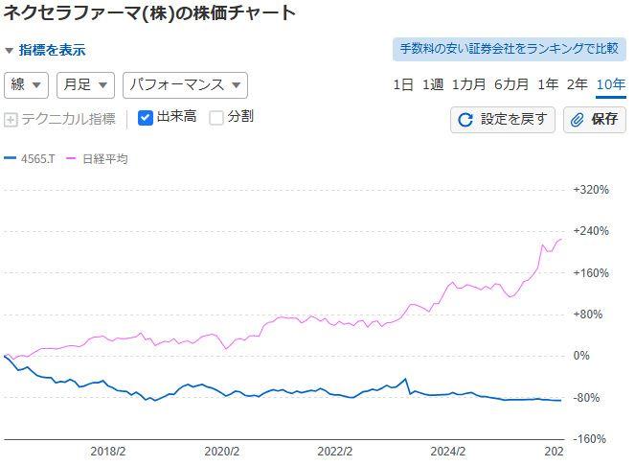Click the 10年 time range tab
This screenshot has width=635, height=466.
point(610,84)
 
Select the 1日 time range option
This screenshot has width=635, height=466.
point(403,84)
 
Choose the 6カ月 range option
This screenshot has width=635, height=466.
point(511,84)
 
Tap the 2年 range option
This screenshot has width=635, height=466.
point(577,84)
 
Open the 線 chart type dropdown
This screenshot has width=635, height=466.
point(26,84)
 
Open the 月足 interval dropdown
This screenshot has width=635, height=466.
point(85,84)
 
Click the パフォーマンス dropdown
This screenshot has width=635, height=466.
point(185,84)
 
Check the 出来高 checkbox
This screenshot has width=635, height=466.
point(146,118)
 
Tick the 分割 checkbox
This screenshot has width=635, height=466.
point(216,118)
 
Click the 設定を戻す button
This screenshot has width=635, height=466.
point(503,119)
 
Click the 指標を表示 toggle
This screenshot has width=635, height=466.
point(45,50)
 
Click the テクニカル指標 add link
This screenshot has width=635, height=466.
point(60,119)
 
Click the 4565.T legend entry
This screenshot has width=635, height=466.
point(30,159)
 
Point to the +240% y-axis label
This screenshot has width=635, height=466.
point(590,231)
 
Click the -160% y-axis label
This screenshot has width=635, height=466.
point(590,439)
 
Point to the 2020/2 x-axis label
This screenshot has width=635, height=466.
point(221,451)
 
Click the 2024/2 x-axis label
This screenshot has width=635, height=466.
point(447,451)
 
